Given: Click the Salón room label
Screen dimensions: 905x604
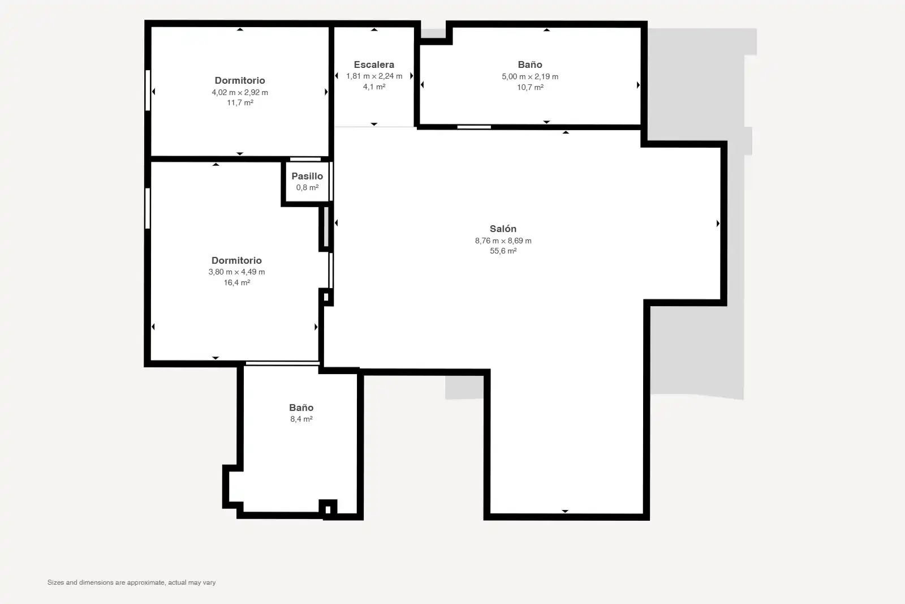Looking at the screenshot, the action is point(503,229).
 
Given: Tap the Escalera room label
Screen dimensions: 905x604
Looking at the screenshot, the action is point(374,65).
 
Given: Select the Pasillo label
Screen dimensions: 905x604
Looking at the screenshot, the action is point(308,176).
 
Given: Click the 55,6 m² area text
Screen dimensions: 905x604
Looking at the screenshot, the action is point(503,251).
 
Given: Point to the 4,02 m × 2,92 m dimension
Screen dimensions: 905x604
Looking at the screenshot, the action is point(240,93).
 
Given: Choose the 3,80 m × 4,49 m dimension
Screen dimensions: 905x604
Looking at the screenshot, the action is point(237,272).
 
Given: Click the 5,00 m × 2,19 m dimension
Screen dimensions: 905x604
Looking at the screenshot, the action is point(530,77).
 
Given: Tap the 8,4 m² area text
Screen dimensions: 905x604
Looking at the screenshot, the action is point(301,419).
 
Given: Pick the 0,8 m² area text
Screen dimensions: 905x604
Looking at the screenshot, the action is point(308,187).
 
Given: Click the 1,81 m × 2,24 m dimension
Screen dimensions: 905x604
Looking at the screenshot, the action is point(374,76).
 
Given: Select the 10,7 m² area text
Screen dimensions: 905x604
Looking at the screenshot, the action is point(530,87).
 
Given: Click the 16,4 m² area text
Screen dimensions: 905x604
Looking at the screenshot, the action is point(237,282).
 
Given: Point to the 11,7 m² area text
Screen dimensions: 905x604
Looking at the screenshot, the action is point(240,102).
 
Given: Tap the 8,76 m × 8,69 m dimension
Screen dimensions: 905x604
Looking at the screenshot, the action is point(503,241).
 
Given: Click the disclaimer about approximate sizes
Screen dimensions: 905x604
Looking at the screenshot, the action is point(132,582).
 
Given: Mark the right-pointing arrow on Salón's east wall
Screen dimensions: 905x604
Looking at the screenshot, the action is point(718,224).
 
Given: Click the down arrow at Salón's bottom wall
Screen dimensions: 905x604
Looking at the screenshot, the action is point(565,511).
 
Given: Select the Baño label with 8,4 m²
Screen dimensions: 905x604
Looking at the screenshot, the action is point(301,408).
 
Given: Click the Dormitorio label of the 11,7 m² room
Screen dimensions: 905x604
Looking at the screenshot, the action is point(240,80).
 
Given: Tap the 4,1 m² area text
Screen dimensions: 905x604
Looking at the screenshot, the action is point(374,87).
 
